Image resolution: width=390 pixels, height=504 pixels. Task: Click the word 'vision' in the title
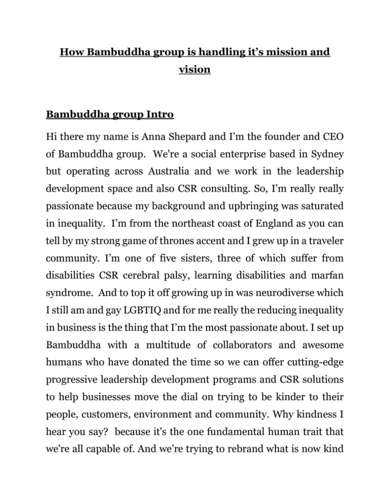tap(194, 69)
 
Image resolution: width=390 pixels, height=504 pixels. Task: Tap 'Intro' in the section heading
tap(160, 115)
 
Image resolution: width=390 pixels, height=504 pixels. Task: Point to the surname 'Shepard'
tap(187, 137)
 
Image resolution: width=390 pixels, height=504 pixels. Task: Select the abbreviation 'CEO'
tap(333, 137)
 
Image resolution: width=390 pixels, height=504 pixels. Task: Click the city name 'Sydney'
tap(327, 154)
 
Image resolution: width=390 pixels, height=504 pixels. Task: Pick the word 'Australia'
tap(168, 171)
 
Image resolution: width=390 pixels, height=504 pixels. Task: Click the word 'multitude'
tap(169, 345)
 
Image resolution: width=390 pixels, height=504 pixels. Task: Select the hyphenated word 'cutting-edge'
tap(315, 362)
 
